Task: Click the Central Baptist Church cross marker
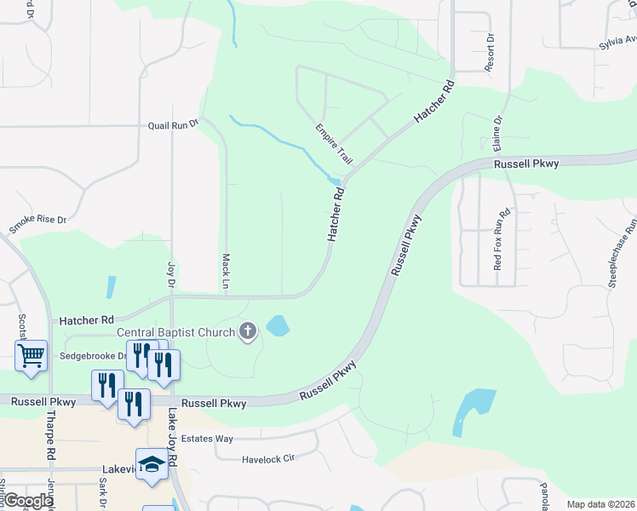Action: [248, 331]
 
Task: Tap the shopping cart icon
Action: [31, 354]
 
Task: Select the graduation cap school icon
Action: [152, 464]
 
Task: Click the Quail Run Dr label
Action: [173, 123]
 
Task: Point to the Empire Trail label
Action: [334, 144]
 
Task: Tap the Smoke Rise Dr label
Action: [37, 225]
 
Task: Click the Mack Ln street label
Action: [227, 270]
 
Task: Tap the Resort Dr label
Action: [490, 53]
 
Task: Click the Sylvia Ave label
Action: [617, 41]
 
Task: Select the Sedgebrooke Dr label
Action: [93, 355]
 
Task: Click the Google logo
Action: [27, 501]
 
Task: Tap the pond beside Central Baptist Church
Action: [278, 325]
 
